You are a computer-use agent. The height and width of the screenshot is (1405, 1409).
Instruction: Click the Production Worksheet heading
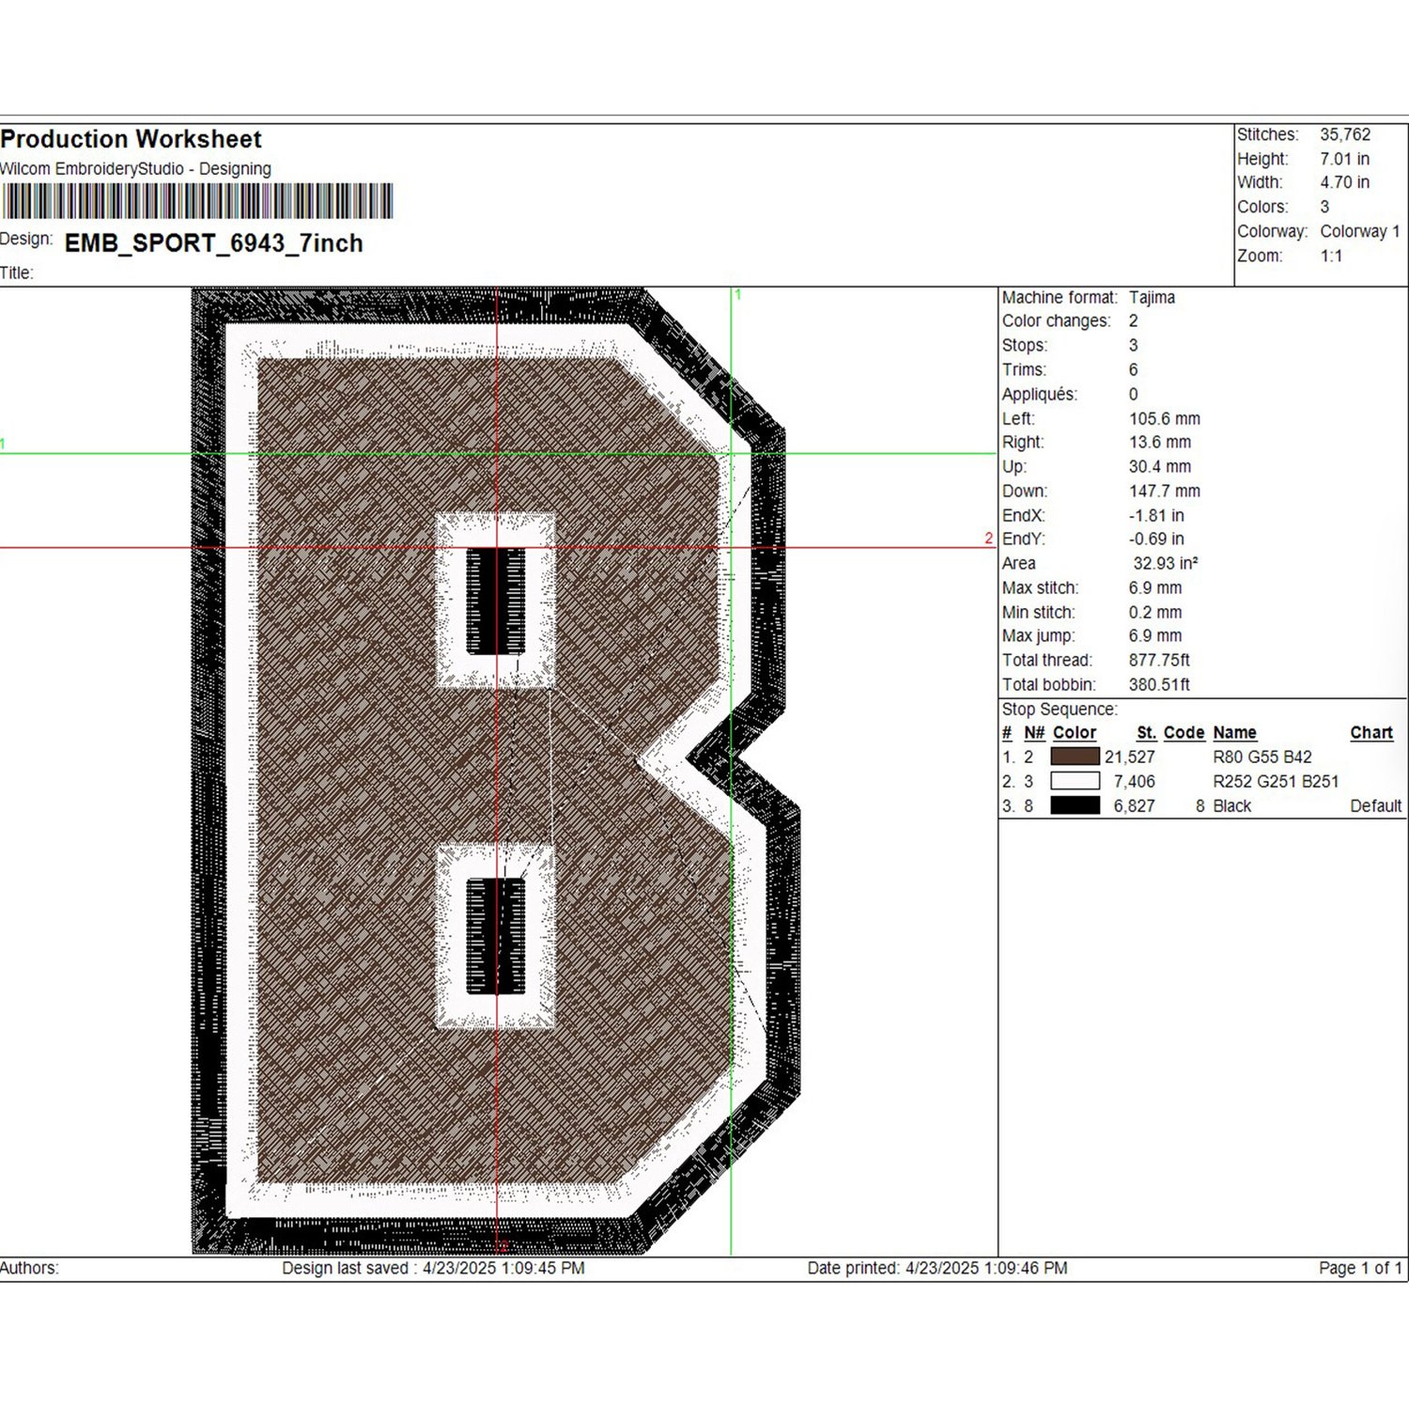131,139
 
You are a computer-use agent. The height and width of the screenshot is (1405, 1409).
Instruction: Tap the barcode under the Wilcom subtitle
196,201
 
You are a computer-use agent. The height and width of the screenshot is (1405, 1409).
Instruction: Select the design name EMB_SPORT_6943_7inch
213,243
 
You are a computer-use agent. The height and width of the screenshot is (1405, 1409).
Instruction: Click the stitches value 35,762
1345,134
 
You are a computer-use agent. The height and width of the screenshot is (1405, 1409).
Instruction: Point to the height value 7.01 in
1344,159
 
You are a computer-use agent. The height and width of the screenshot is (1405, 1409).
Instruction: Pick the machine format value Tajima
1152,297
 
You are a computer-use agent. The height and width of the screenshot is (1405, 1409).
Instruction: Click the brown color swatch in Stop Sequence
1075,757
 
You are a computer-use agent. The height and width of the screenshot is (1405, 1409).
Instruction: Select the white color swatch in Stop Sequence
1075,781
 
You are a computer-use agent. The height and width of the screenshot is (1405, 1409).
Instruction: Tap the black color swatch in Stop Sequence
1075,805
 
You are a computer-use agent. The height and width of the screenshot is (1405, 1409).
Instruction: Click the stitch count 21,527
1130,757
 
